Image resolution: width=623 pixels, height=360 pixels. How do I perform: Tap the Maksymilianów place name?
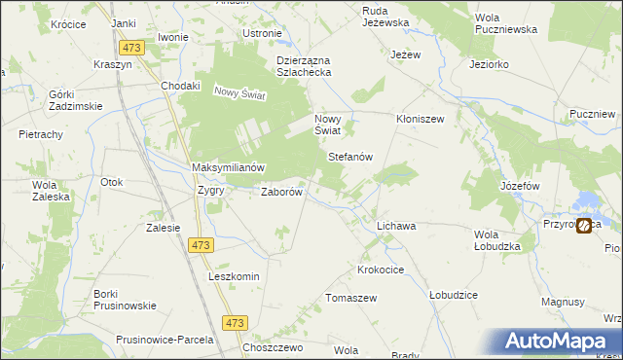point(229,167)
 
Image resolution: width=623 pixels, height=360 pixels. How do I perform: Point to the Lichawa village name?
point(396,226)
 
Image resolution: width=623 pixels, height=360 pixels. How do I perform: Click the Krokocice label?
point(382,269)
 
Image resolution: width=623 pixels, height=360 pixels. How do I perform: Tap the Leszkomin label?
point(234,276)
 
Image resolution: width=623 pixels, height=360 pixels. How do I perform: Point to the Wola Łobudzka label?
point(497,240)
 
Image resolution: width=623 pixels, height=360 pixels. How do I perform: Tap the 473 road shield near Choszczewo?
point(236,322)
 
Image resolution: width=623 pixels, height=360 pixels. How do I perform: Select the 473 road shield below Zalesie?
point(201,245)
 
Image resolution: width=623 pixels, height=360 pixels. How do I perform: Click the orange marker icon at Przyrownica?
point(583,226)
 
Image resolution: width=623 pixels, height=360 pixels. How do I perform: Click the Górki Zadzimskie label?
point(67,99)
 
